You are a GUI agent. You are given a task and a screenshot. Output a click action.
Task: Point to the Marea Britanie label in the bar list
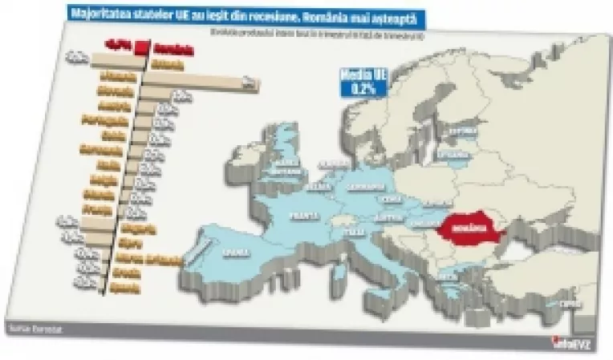pyautogui.click(x=149, y=258)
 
